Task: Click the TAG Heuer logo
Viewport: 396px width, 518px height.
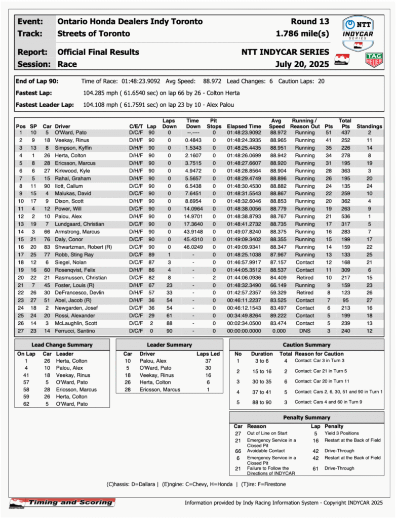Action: click(x=374, y=60)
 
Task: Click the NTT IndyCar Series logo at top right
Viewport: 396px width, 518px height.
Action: click(x=359, y=31)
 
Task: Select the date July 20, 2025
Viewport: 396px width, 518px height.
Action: click(x=302, y=64)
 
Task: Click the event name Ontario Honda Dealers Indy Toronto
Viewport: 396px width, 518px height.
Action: click(x=130, y=22)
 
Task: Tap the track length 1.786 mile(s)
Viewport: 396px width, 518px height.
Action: click(x=302, y=34)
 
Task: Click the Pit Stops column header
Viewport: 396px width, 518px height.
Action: click(x=214, y=123)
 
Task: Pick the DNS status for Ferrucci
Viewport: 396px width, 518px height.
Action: click(x=305, y=330)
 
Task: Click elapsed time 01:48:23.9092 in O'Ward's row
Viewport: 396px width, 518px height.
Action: click(x=244, y=133)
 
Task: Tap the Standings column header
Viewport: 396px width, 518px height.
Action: click(x=369, y=126)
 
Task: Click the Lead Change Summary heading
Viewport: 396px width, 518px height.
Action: click(x=59, y=345)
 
